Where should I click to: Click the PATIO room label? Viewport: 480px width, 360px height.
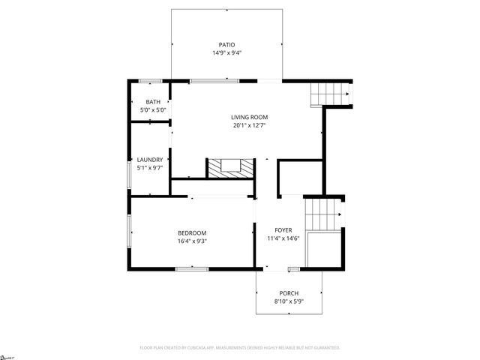point(226,45)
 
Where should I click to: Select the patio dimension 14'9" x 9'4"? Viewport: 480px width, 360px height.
point(226,53)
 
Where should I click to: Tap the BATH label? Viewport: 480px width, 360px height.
point(153,102)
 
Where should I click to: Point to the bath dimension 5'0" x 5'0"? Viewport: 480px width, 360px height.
point(153,110)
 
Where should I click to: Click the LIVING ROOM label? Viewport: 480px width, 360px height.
point(249,117)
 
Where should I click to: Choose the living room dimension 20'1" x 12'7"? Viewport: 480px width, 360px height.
point(249,125)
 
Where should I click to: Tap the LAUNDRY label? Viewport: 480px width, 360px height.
point(150,160)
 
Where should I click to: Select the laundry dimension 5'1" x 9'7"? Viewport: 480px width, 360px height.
point(150,168)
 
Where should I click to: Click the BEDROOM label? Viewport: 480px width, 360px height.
point(192,232)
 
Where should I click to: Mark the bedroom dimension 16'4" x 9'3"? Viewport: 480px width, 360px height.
point(192,241)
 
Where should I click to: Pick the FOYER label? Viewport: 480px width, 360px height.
point(283,230)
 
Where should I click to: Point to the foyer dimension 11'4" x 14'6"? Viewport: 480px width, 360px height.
point(283,238)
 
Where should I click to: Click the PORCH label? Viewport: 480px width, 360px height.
point(289,293)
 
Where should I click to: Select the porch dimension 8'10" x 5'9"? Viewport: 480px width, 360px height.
point(289,301)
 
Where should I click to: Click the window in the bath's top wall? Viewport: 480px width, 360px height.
point(150,80)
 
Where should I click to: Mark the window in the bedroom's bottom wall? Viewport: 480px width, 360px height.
point(192,268)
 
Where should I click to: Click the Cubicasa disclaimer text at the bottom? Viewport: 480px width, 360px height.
point(240,348)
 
